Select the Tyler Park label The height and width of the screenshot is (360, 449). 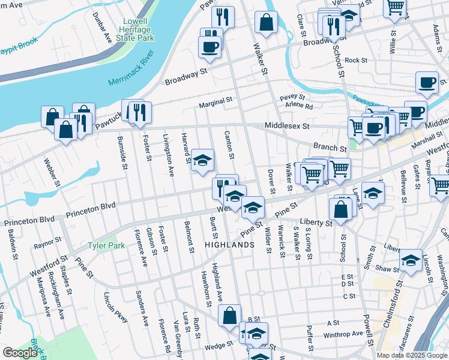106,245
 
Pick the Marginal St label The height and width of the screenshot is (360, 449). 215,101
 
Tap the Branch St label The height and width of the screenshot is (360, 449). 330,147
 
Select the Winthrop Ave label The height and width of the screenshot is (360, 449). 345,333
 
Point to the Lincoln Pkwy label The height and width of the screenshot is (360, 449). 116,307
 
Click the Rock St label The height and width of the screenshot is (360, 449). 355,60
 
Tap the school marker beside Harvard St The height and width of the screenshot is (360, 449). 203,160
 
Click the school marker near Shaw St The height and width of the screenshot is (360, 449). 411,260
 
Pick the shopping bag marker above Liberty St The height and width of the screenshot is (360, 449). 340,208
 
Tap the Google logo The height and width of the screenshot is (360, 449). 20,353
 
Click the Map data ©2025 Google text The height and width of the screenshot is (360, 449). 411,355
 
